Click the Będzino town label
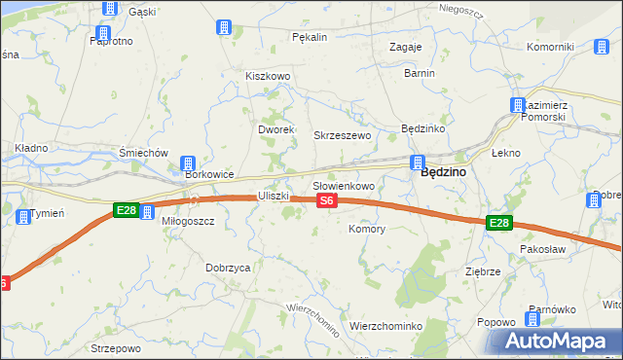point(442,172)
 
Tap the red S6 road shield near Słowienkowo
point(327,201)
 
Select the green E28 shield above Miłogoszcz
point(125,210)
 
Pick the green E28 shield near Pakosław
point(498,224)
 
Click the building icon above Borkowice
point(188,162)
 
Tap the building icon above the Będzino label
point(418,162)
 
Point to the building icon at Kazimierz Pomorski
point(517,105)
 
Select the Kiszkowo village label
point(269,76)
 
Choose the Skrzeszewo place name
point(342,135)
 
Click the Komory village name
point(367,230)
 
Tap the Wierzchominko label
point(385,326)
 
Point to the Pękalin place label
point(310,37)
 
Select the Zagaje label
point(405,47)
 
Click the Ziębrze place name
point(483,272)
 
